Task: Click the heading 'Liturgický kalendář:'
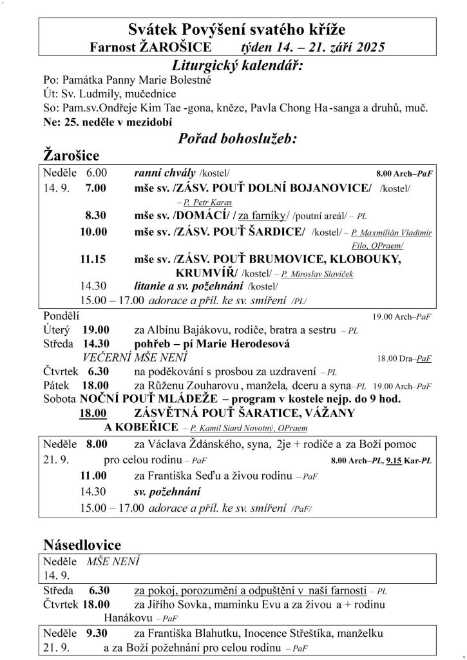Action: coord(238,65)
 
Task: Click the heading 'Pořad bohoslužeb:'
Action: coord(236,138)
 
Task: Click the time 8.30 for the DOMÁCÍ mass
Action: coord(96,215)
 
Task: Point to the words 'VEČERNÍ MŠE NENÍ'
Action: coord(135,357)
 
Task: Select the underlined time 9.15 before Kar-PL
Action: coord(394,461)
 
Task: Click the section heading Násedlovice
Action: coord(82,545)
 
